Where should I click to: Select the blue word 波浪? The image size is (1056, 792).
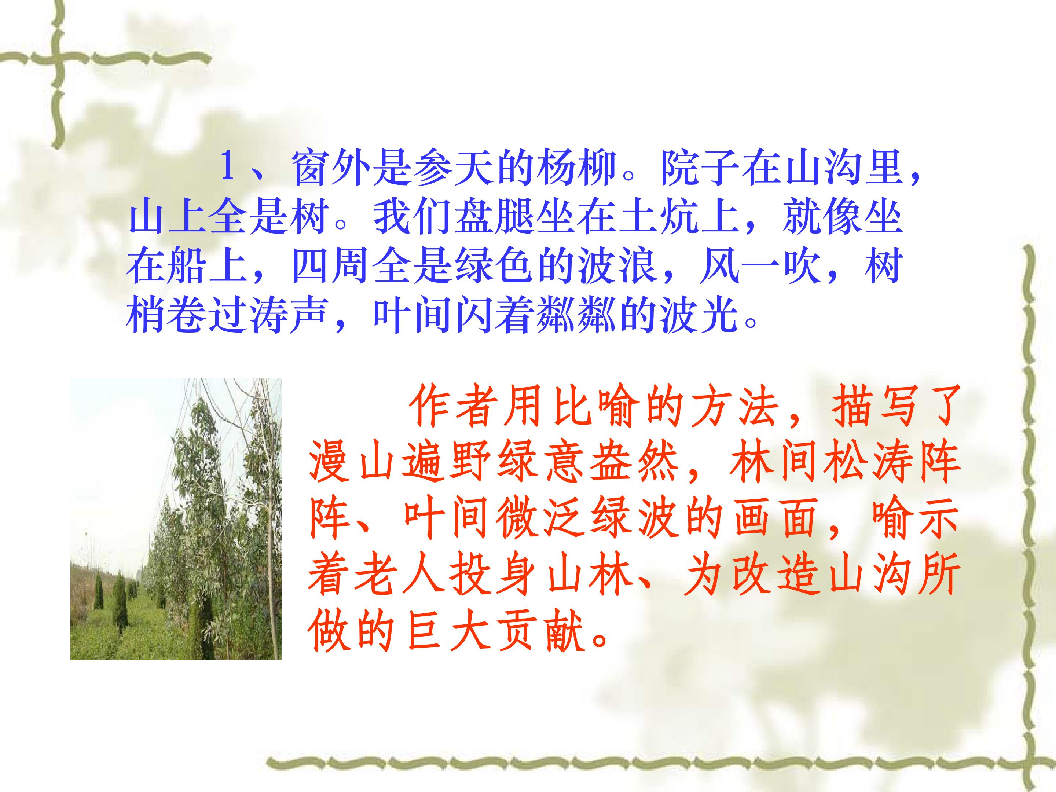pyautogui.click(x=618, y=268)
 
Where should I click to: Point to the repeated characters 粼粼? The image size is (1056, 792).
pyautogui.click(x=577, y=318)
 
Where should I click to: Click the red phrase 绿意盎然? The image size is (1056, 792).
pyautogui.click(x=587, y=465)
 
